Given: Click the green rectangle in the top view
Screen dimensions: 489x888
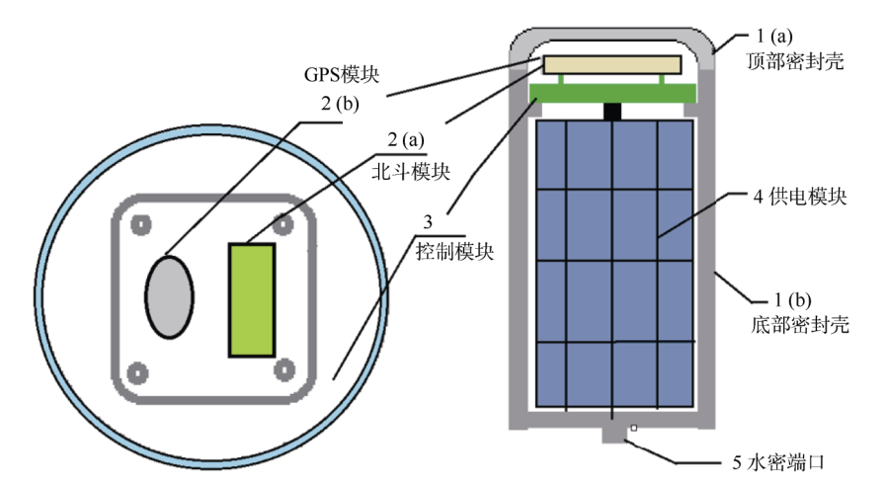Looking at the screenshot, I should (252, 298).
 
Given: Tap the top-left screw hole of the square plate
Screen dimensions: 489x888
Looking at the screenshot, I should (138, 224).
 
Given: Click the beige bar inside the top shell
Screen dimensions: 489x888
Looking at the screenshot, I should (611, 64).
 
